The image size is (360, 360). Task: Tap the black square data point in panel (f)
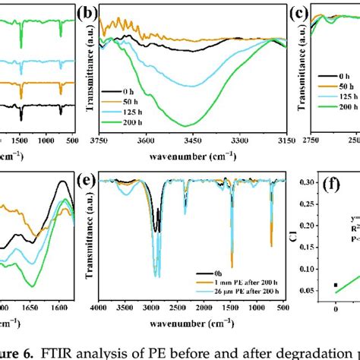point(336,306)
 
